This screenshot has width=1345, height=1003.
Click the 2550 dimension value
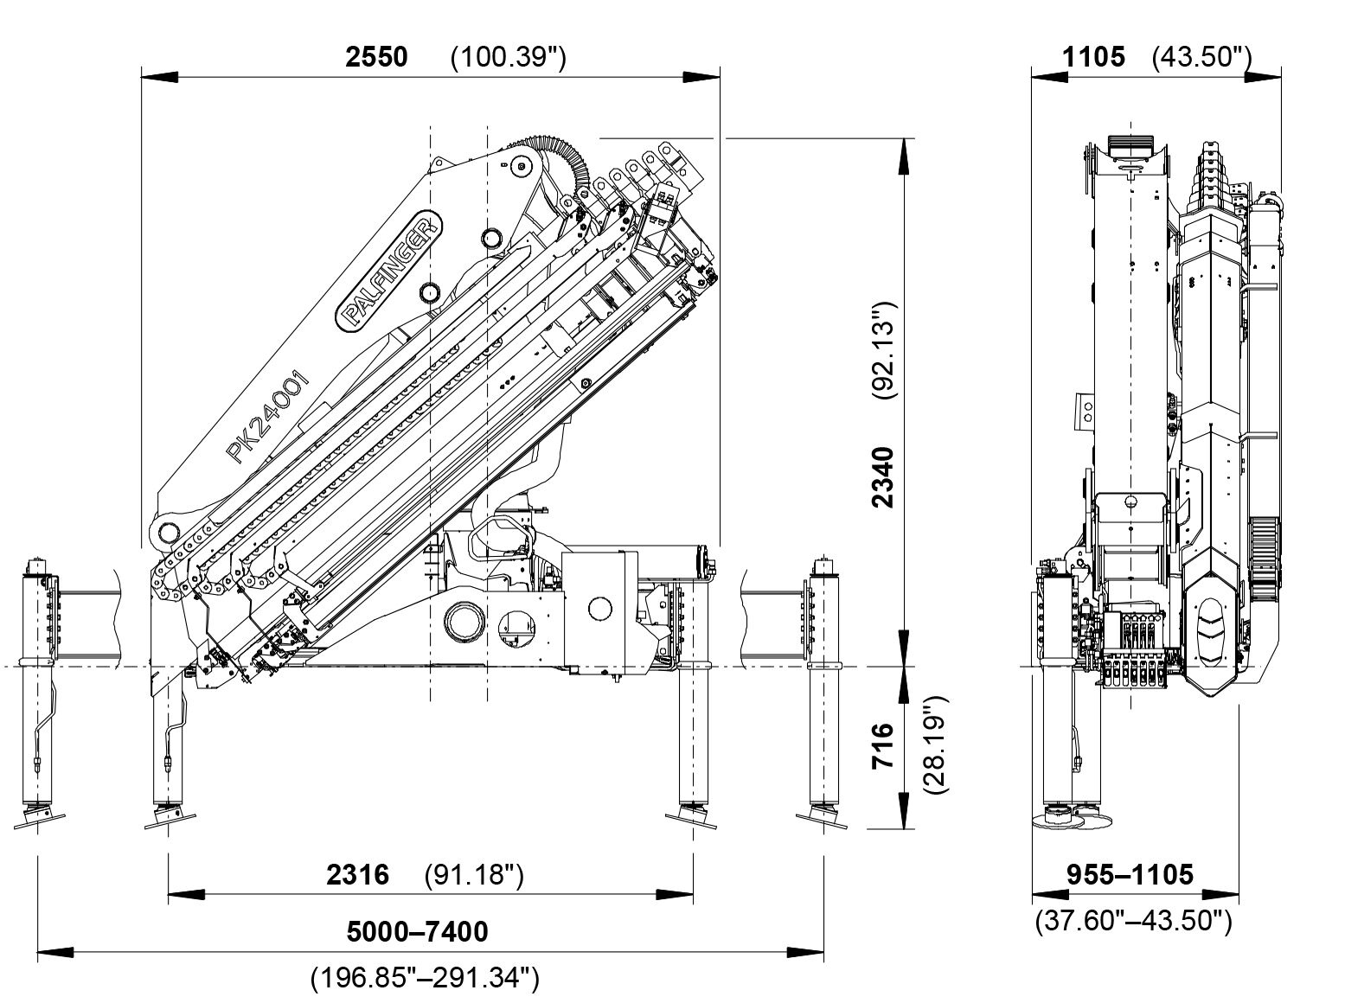click(376, 57)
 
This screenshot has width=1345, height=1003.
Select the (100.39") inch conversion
click(509, 57)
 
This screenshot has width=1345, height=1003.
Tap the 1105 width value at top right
click(1094, 57)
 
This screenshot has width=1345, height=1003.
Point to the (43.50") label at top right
click(1202, 57)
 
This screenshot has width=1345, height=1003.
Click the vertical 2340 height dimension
click(882, 476)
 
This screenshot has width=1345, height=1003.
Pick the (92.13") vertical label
click(883, 350)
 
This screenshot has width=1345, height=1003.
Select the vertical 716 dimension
click(882, 747)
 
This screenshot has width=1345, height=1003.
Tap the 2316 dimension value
click(357, 875)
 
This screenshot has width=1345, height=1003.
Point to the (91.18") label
click(474, 875)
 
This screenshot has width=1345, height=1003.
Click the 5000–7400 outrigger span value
click(417, 931)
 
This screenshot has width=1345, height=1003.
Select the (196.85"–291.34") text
click(425, 978)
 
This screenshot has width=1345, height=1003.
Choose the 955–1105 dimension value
click(1130, 874)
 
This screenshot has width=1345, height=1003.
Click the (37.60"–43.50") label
click(1133, 920)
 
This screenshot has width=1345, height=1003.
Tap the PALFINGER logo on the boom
click(388, 270)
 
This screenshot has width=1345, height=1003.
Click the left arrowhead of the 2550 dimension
click(160, 77)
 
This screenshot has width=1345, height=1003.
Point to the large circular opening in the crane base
click(464, 621)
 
